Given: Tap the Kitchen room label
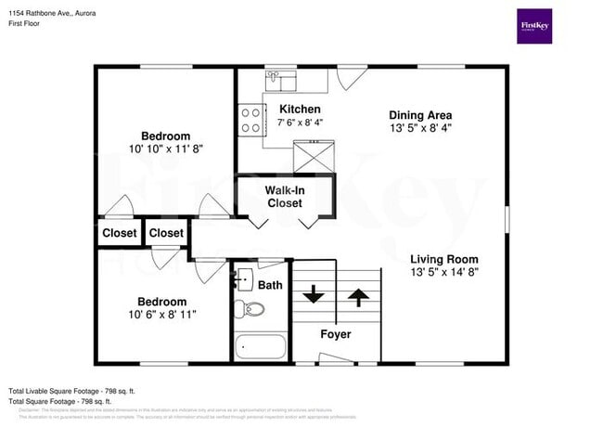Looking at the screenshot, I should tap(300, 110).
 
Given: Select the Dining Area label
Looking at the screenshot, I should tap(420, 115).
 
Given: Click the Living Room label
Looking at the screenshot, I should tap(444, 259).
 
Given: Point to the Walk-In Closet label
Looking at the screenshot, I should tap(284, 196).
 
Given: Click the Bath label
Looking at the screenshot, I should tap(270, 285).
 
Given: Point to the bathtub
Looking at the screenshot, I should tap(261, 347).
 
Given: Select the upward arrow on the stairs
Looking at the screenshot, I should tap(357, 296).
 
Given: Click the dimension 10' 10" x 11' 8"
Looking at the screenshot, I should tap(165, 149).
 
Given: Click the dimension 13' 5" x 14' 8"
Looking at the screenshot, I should tap(444, 273).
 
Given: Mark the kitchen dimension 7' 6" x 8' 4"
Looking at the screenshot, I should tap(300, 123).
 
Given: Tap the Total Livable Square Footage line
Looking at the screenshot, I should tap(72, 391).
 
